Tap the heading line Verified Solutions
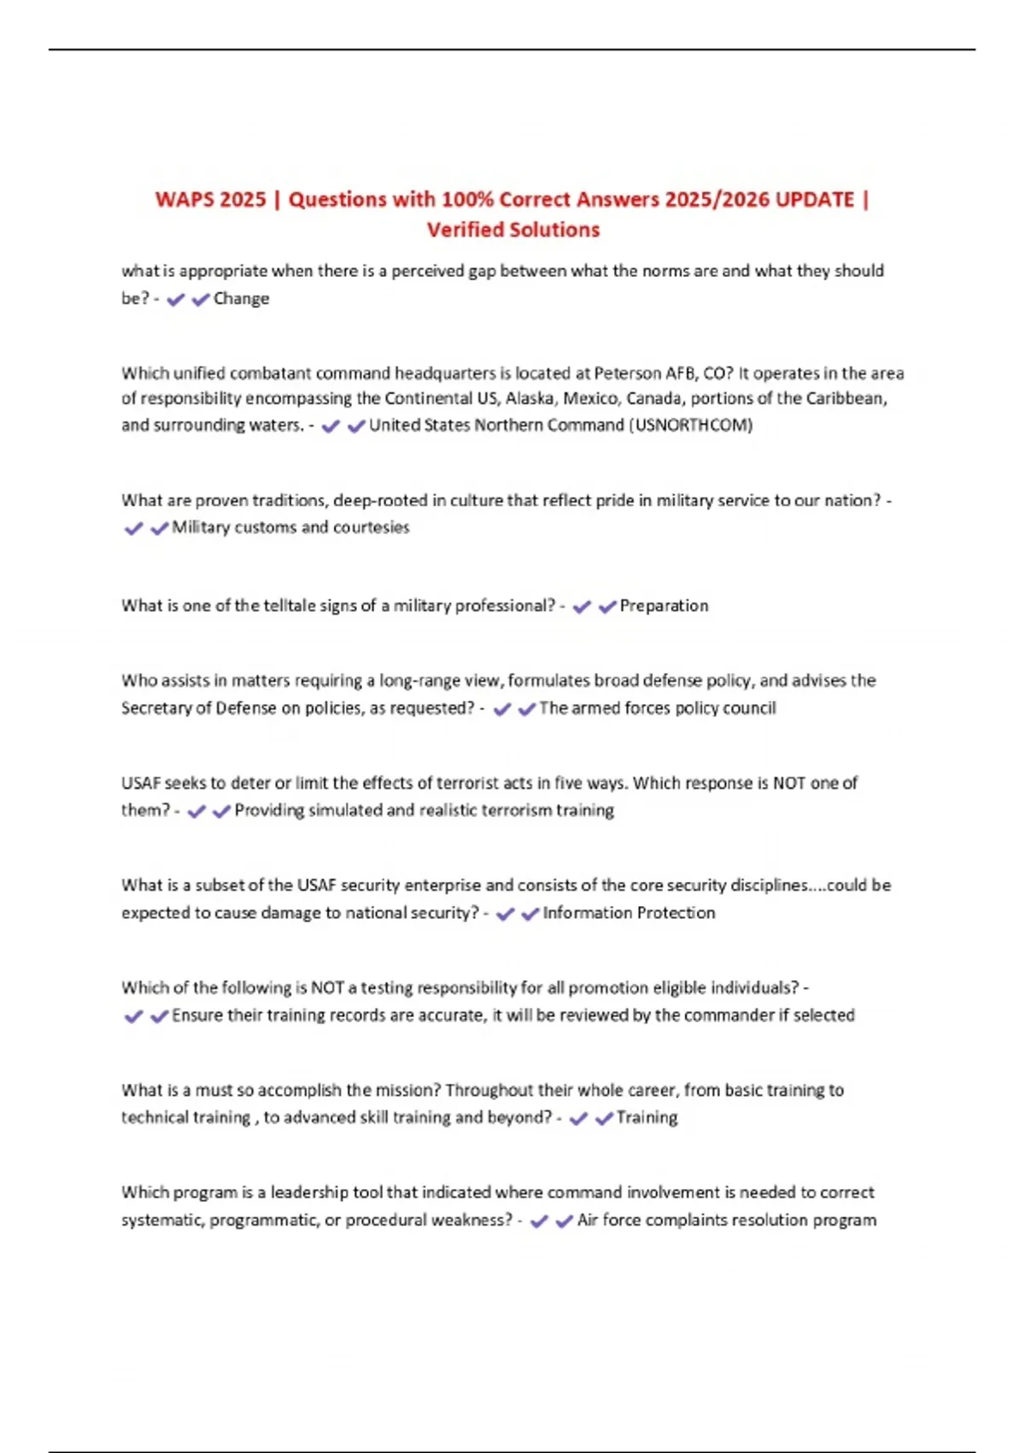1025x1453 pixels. point(513,230)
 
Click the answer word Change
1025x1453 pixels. point(241,298)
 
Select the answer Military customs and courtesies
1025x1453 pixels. point(290,527)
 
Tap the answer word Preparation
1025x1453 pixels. point(664,606)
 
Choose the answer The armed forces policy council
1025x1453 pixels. point(657,708)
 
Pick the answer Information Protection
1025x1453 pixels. point(629,913)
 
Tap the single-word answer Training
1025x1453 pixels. point(647,1117)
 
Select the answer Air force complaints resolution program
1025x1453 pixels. point(726,1220)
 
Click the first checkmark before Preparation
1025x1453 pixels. point(582,607)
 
